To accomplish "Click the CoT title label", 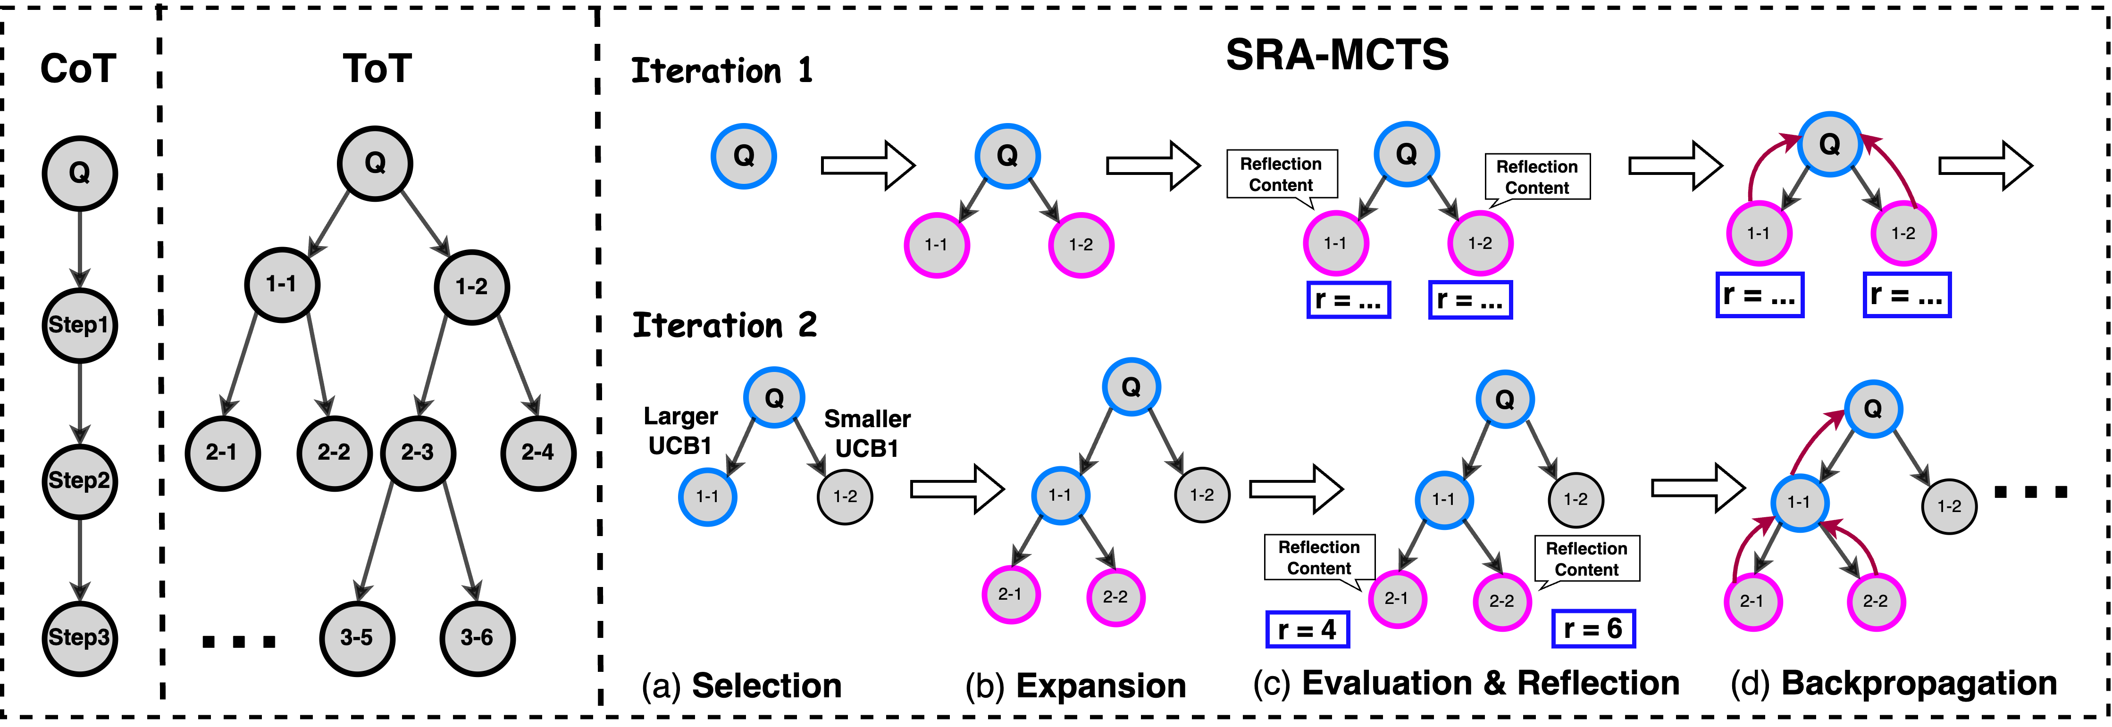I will pyautogui.click(x=78, y=68).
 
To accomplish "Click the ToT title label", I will pyautogui.click(x=377, y=68).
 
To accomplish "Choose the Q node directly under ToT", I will pyautogui.click(x=375, y=163).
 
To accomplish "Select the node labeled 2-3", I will pyautogui.click(x=417, y=453).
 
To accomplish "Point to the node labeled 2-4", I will pyautogui.click(x=538, y=453).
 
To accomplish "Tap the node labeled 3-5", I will pyautogui.click(x=357, y=638).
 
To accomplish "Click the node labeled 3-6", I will pyautogui.click(x=477, y=638).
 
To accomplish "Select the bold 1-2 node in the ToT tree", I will pyautogui.click(x=471, y=287).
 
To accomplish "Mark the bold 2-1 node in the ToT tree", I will pyautogui.click(x=222, y=453).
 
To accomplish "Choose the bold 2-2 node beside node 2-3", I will pyautogui.click(x=334, y=453).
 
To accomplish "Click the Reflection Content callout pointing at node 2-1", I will pyautogui.click(x=1318, y=558).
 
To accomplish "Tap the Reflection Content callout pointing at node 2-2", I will pyautogui.click(x=1586, y=559).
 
